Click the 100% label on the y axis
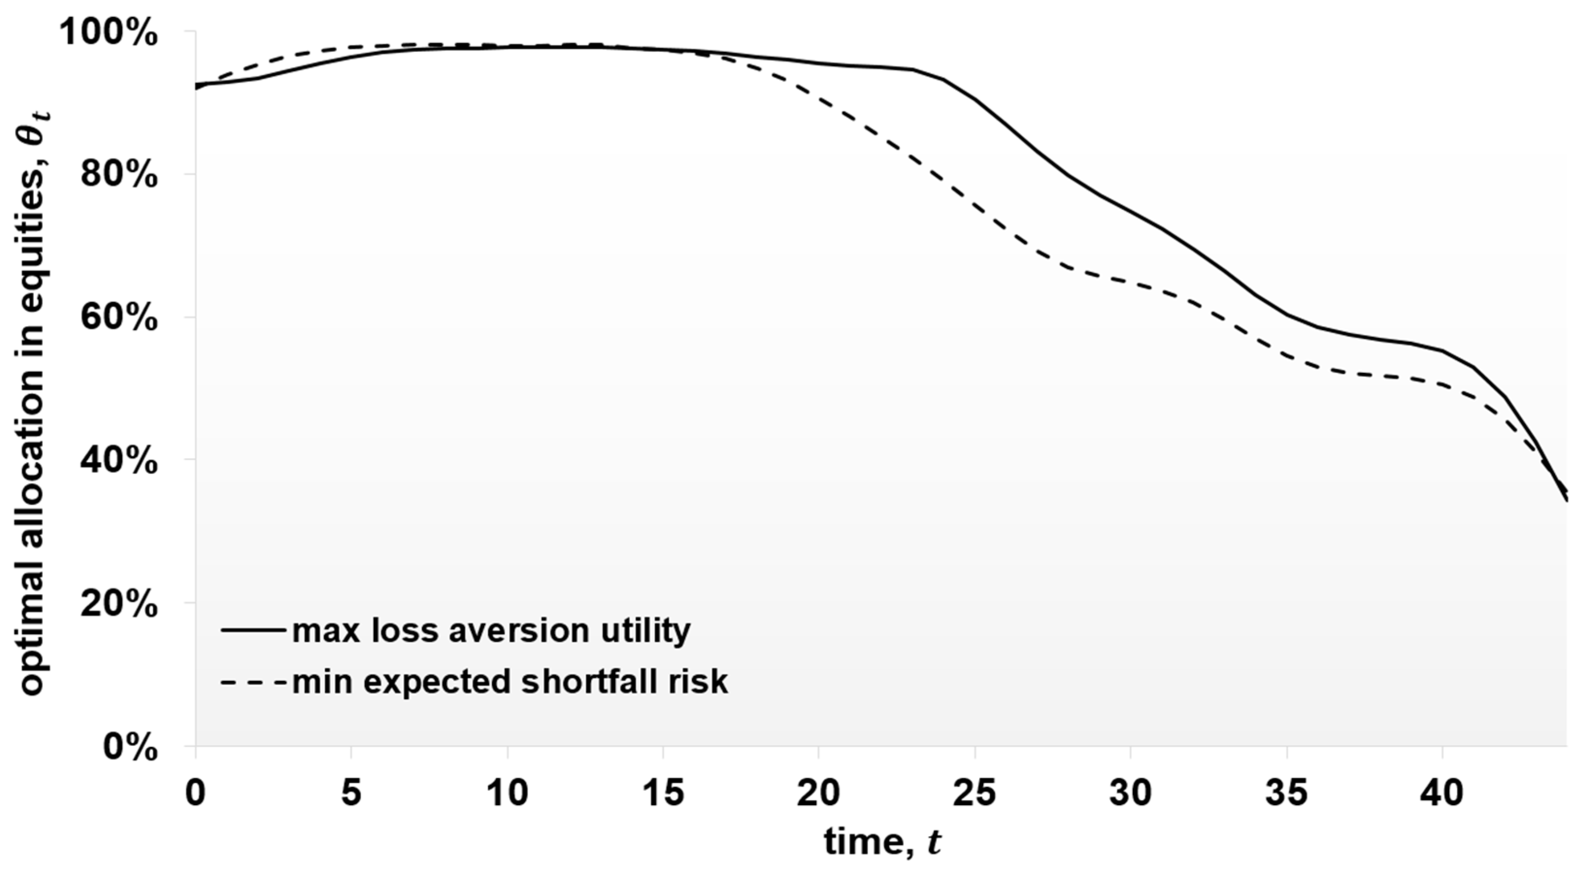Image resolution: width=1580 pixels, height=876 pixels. (109, 33)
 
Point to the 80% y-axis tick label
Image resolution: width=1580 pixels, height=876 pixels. (118, 176)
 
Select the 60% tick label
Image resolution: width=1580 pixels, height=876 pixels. (118, 318)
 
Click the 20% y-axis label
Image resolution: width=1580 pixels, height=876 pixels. (118, 604)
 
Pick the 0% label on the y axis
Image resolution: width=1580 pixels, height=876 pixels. (130, 747)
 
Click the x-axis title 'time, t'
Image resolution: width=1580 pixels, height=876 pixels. (882, 842)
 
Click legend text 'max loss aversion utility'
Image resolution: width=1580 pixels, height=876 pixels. (491, 630)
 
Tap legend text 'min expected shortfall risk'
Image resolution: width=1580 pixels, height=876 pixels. (510, 681)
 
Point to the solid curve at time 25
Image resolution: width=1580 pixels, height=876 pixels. (975, 100)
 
